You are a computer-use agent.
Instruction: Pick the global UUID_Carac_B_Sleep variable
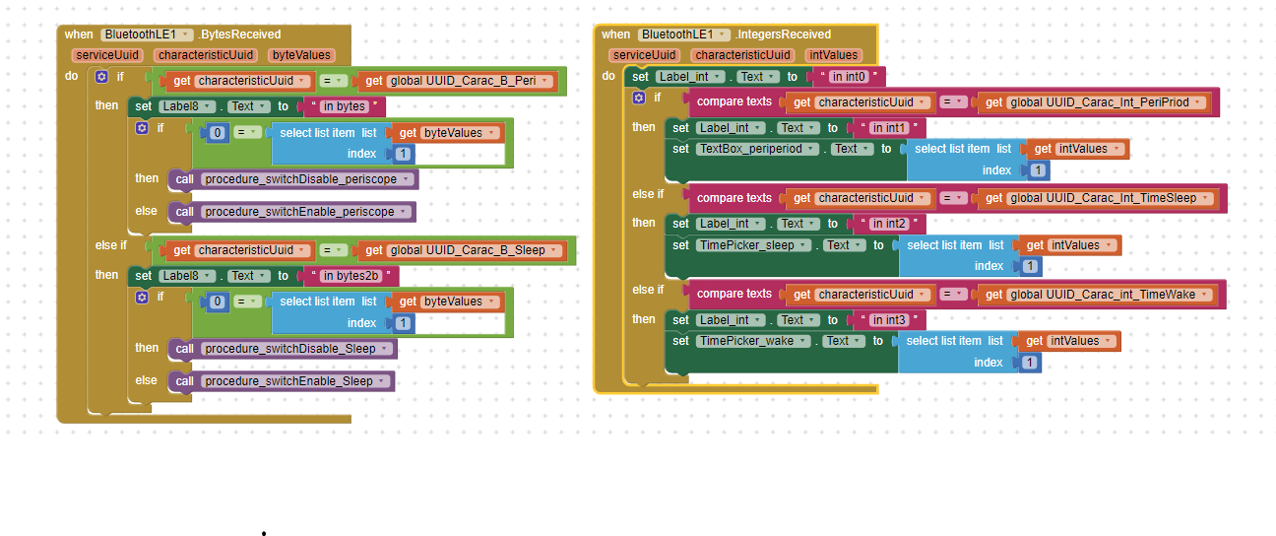pos(466,250)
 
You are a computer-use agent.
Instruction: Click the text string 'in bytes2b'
pos(351,276)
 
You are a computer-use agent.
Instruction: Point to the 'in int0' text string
pos(847,77)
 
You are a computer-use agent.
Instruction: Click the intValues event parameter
pos(833,55)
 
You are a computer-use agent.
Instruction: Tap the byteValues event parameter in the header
pos(301,56)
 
